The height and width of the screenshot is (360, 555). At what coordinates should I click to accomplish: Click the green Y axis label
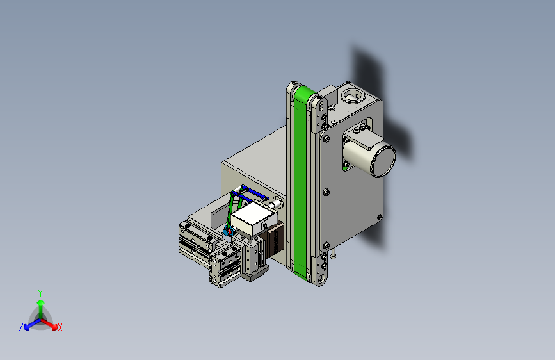(x=40, y=293)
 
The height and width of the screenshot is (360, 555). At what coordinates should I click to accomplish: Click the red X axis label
(x=60, y=328)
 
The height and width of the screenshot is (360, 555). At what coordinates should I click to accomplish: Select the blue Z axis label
(x=21, y=327)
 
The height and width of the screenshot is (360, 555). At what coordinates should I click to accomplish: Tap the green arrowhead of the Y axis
(x=41, y=302)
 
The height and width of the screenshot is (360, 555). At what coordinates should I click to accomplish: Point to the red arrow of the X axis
(x=49, y=323)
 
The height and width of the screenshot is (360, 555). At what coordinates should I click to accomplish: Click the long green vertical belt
(x=300, y=181)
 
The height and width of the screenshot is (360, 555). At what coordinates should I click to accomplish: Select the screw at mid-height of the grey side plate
(x=326, y=192)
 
